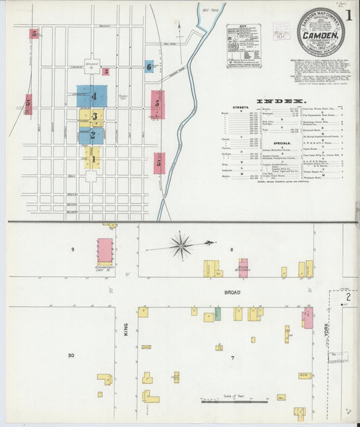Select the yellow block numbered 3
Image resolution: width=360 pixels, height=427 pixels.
(x=96, y=117)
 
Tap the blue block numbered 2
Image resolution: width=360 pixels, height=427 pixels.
(x=92, y=135)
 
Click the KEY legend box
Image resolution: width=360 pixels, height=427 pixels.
(x=244, y=46)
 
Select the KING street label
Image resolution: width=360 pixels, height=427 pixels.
(x=126, y=328)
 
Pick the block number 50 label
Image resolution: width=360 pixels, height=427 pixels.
(x=71, y=355)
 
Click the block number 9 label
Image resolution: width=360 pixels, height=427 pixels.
(x=72, y=250)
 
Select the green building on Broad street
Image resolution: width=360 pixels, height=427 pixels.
(x=217, y=314)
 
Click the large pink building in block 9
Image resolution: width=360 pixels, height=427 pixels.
(x=105, y=250)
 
